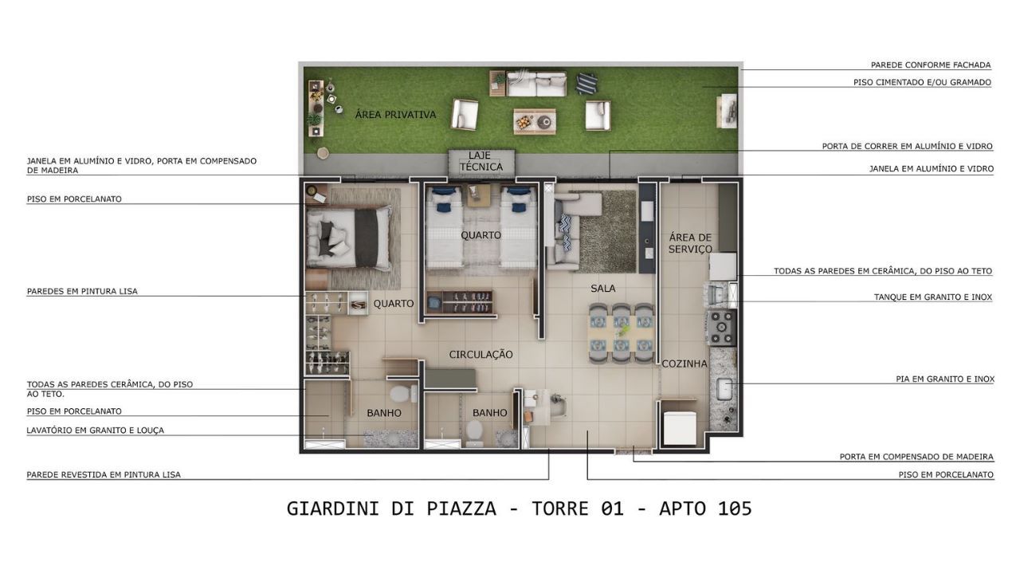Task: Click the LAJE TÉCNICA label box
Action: click(x=481, y=162)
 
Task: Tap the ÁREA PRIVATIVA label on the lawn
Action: click(x=395, y=115)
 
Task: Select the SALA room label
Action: click(x=603, y=289)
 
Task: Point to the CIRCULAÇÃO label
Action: click(x=481, y=355)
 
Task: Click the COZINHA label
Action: click(x=685, y=364)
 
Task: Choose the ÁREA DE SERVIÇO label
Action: click(x=690, y=243)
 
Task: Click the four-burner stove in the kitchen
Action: click(x=721, y=327)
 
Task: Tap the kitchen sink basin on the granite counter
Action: click(x=724, y=388)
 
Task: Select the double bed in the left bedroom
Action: click(x=349, y=238)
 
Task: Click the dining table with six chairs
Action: click(x=621, y=332)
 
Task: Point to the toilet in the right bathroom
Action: click(x=474, y=433)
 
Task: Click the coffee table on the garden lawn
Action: click(x=535, y=121)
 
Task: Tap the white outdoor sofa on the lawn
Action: click(x=536, y=84)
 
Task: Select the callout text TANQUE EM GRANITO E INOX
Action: click(x=932, y=297)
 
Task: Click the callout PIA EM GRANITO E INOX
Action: click(x=945, y=379)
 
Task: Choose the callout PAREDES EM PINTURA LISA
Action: click(x=82, y=291)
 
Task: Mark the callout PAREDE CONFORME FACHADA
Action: click(x=931, y=65)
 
